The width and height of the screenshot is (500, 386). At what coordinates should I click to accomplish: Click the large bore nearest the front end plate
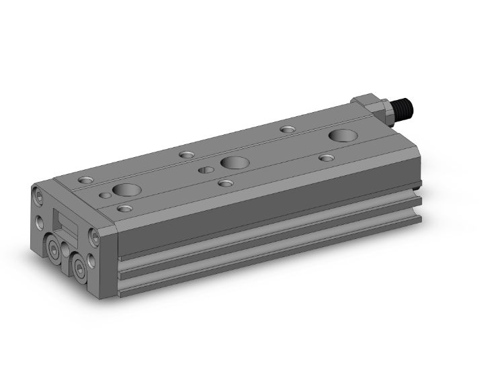tap(125, 190)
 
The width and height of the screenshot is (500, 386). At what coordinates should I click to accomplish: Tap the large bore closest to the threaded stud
tap(342, 135)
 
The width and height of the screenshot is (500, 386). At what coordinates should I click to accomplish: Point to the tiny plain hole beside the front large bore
tap(105, 195)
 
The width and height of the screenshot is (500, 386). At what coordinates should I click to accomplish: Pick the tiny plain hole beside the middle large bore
tap(204, 170)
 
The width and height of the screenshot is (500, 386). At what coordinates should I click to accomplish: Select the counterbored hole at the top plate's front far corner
tap(86, 180)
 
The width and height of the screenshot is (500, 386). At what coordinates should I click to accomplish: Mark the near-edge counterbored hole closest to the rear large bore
tap(327, 158)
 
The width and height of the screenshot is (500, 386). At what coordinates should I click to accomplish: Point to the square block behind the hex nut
tap(367, 104)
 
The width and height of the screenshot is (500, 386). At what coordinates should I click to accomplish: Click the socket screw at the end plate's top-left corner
tap(38, 195)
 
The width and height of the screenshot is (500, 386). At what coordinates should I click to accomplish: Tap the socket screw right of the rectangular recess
tap(93, 238)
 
